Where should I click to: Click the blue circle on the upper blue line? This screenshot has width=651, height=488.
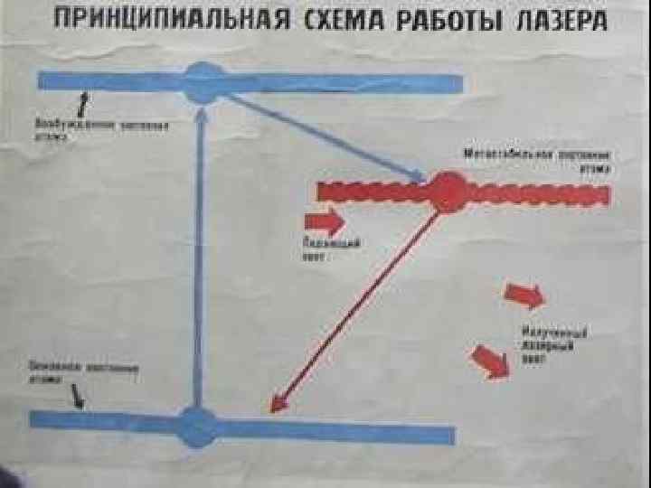(x=205, y=83)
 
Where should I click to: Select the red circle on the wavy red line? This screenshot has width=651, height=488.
(x=446, y=192)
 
